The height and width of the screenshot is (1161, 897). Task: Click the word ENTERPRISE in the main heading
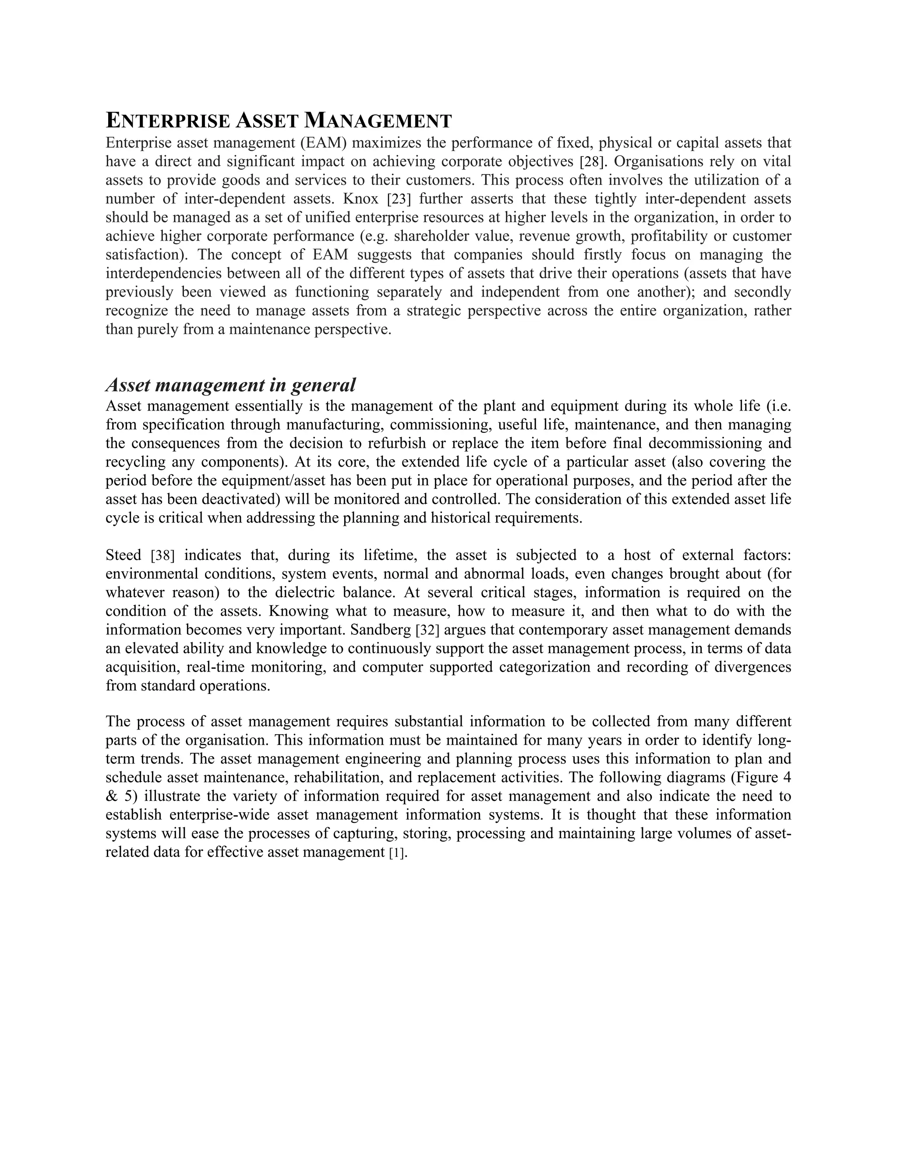(168, 121)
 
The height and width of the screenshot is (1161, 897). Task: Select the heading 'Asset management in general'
(231, 384)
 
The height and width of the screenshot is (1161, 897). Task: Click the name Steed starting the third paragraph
(123, 556)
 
